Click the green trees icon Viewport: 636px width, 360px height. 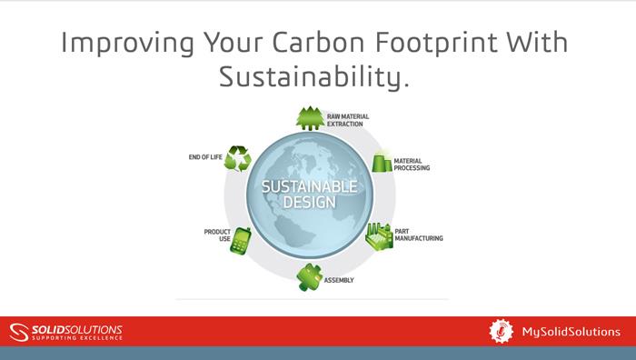[310, 119]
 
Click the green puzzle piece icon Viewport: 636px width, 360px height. [310, 277]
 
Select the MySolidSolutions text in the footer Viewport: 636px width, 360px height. [569, 330]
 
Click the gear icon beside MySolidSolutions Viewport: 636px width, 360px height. [502, 330]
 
